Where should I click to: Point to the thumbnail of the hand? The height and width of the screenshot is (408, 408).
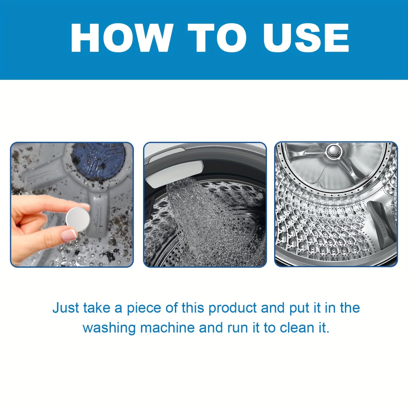pos(68,234)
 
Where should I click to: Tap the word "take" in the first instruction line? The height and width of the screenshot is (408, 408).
pos(95,308)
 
